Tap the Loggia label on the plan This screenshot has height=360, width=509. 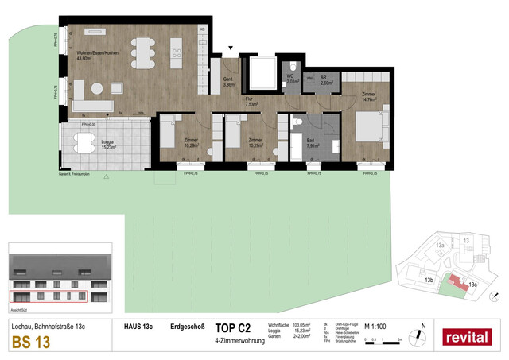click(107, 143)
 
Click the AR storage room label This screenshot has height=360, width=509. click(326, 79)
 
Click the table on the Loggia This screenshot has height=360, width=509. click(84, 144)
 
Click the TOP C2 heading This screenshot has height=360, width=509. click(233, 327)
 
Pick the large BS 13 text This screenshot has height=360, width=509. click(29, 343)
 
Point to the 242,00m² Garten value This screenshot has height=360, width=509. click(301, 336)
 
